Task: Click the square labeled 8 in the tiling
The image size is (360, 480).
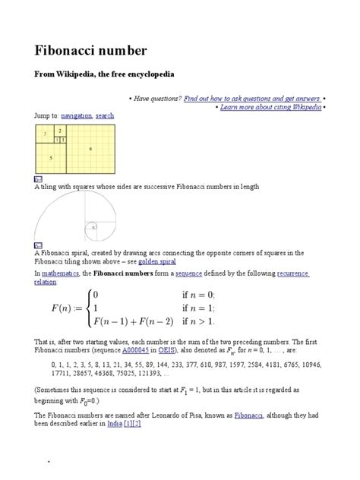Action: pos(90,149)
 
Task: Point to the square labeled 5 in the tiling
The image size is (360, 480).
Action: pos(50,157)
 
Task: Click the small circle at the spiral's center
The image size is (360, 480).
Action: pos(93,226)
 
